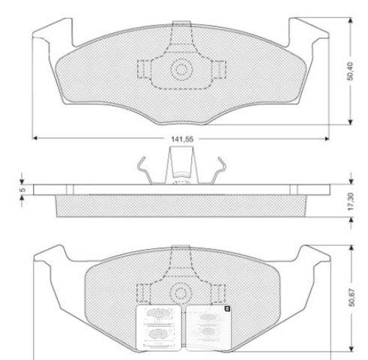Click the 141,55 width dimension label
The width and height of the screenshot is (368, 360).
pos(182,139)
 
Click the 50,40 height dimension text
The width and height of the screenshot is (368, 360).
pos(350,71)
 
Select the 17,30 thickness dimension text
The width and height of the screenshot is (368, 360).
pos(351,201)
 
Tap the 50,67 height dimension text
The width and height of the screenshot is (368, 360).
pos(352,298)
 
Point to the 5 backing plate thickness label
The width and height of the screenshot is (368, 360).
pos(22,190)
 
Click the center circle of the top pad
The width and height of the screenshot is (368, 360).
pos(181,70)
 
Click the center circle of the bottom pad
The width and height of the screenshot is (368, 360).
pos(181,293)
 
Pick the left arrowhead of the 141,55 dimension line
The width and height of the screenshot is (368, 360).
pos(35,138)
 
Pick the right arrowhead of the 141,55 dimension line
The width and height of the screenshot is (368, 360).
pos(326,139)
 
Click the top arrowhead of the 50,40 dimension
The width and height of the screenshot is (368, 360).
pos(350,20)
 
